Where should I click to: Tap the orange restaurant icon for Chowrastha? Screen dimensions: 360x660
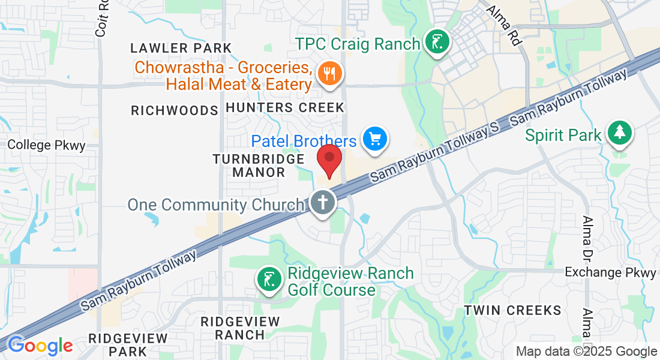click(x=329, y=74)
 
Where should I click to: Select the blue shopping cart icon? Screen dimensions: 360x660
click(x=376, y=139)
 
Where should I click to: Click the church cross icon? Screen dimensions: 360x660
click(x=322, y=202)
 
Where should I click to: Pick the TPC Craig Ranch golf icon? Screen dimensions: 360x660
click(x=437, y=43)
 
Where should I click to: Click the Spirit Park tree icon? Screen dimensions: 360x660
click(x=619, y=133)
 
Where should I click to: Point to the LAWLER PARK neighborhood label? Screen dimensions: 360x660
click(x=181, y=48)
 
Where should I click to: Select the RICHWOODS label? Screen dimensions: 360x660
click(x=174, y=110)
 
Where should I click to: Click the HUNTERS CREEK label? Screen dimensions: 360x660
click(x=285, y=108)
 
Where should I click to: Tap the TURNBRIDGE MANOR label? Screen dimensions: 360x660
click(x=259, y=166)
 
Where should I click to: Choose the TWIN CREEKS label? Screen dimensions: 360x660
click(x=512, y=310)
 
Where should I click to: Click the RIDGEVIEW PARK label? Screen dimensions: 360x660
click(x=125, y=344)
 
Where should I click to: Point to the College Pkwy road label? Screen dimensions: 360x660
click(x=47, y=145)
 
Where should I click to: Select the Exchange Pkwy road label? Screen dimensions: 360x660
click(x=611, y=273)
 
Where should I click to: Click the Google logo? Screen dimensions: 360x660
click(x=40, y=346)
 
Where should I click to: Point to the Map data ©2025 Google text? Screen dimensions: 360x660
click(x=587, y=352)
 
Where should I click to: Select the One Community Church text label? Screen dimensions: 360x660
click(x=216, y=205)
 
